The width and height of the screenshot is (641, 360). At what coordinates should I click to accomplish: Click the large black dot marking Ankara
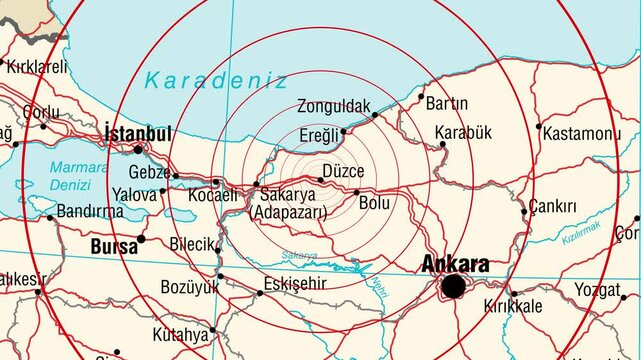(x=454, y=287)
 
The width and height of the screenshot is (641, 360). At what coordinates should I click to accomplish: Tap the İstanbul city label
(x=138, y=133)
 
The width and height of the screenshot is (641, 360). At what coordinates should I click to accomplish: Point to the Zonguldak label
(x=333, y=105)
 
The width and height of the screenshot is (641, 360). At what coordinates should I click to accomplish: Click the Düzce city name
(x=343, y=171)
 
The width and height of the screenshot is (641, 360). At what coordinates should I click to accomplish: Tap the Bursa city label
(x=113, y=246)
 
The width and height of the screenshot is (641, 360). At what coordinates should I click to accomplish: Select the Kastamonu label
(x=585, y=133)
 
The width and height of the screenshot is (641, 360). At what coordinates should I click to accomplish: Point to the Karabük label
(x=464, y=132)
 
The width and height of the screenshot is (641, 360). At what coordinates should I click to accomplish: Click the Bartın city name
(x=446, y=103)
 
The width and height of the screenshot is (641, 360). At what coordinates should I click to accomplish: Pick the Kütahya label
(x=181, y=333)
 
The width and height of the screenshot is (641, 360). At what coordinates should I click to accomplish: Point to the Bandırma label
(x=90, y=211)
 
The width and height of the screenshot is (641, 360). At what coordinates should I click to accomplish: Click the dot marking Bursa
(x=141, y=239)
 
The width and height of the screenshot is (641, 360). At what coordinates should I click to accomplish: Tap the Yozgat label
(x=598, y=290)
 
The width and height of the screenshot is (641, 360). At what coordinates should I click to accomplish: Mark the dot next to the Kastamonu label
(x=539, y=127)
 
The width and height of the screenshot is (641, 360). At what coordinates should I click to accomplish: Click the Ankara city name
(x=455, y=264)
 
